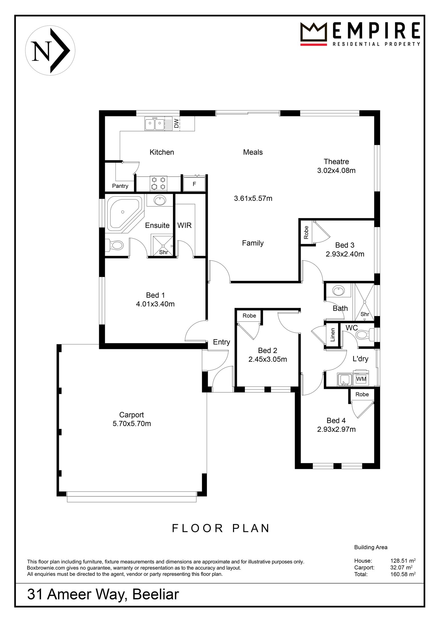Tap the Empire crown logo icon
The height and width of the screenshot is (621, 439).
(x=314, y=34)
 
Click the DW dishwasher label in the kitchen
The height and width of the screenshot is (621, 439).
(x=176, y=123)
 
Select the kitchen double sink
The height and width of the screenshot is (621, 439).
(x=154, y=124)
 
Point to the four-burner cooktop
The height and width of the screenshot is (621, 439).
(x=159, y=183)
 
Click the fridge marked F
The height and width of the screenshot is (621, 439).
(x=194, y=183)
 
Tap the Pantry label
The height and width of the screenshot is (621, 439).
(x=120, y=186)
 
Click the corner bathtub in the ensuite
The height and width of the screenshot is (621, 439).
(x=125, y=213)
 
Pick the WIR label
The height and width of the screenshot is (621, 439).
(x=184, y=225)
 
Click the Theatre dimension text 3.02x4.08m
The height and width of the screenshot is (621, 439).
(x=336, y=171)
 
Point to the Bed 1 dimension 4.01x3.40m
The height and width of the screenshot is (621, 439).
(x=155, y=304)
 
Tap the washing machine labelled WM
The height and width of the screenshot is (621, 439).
(x=361, y=379)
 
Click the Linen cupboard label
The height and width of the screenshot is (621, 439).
(x=332, y=335)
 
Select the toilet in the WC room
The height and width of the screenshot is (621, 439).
(x=366, y=334)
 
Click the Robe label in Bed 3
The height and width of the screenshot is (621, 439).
(x=306, y=232)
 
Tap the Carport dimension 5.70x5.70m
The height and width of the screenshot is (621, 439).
(x=132, y=424)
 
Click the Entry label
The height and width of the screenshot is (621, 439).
(x=222, y=342)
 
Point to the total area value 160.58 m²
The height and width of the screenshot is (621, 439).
(x=403, y=574)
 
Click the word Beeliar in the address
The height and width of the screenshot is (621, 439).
(x=156, y=594)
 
